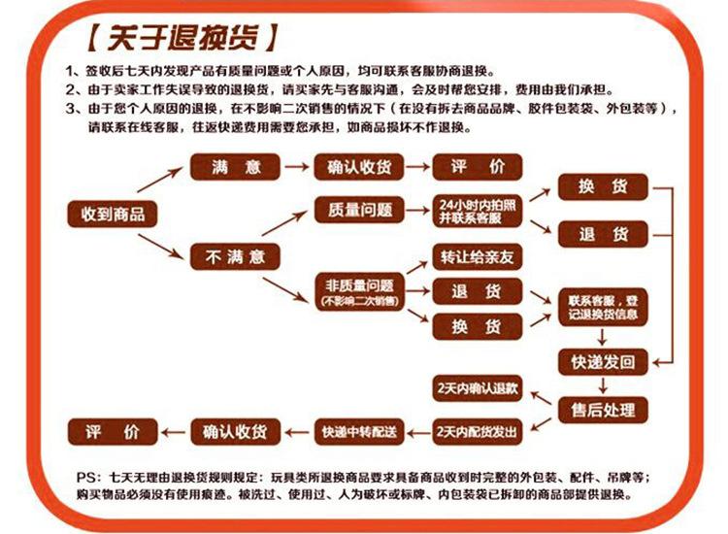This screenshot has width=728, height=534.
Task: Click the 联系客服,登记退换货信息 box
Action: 603,307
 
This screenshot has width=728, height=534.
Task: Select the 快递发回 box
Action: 603,361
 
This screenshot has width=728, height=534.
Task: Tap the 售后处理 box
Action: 603,410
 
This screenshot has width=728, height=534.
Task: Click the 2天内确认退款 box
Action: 479,388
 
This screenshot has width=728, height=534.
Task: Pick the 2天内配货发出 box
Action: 479,430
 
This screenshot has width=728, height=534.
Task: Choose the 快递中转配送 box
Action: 360,430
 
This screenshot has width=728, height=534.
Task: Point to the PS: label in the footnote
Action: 87,478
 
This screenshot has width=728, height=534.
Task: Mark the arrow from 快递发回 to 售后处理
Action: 603,385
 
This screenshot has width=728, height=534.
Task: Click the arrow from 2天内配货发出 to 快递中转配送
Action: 419,430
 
